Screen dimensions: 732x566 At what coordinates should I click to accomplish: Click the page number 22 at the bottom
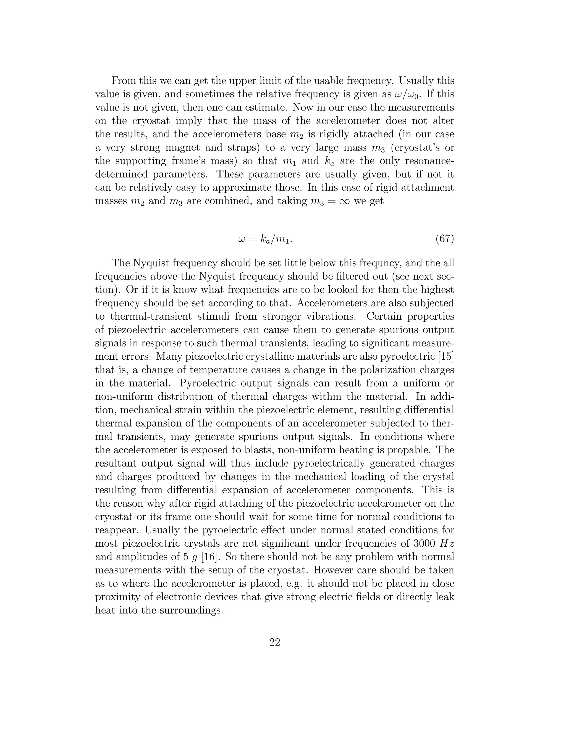(x=275, y=642)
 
